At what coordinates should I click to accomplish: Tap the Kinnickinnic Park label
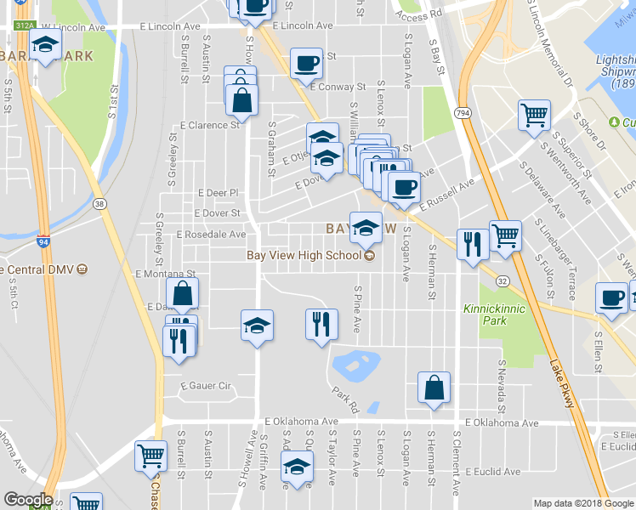486,314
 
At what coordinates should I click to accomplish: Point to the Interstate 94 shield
43,241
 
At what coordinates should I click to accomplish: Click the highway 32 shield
503,281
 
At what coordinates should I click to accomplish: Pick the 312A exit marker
25,25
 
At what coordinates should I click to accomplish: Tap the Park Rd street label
347,396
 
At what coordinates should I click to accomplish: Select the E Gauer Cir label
205,386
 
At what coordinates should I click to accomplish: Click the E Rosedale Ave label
211,235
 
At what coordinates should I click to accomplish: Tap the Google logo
28,500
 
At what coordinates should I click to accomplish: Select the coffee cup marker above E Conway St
306,62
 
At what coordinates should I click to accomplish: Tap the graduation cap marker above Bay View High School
366,227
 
